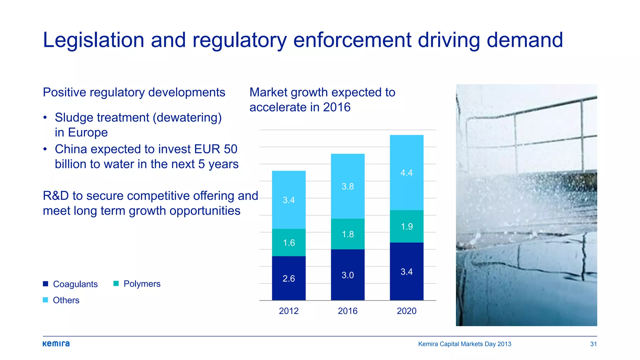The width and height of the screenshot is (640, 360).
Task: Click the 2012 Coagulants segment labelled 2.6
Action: [x=289, y=278]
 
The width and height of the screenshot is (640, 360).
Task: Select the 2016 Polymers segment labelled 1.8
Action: [x=347, y=234]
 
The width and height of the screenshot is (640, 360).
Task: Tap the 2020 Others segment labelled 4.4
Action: [x=407, y=172]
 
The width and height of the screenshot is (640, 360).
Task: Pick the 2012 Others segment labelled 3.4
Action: [x=289, y=200]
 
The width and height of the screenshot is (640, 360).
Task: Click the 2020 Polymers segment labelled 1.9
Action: [x=407, y=226]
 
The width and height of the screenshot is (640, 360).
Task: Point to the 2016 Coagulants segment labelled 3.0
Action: [x=347, y=275]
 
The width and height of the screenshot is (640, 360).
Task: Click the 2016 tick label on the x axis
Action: [x=347, y=311]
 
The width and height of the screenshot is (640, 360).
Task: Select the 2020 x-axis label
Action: [x=407, y=311]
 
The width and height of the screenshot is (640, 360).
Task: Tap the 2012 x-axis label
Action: [x=289, y=311]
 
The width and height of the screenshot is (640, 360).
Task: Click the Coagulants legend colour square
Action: [x=46, y=284]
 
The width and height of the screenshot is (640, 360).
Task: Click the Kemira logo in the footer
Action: [x=56, y=344]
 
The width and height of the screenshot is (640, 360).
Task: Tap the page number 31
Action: [x=593, y=344]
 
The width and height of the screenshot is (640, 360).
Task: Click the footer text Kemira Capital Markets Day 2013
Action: [x=465, y=344]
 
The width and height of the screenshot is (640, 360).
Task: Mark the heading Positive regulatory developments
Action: [x=134, y=92]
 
